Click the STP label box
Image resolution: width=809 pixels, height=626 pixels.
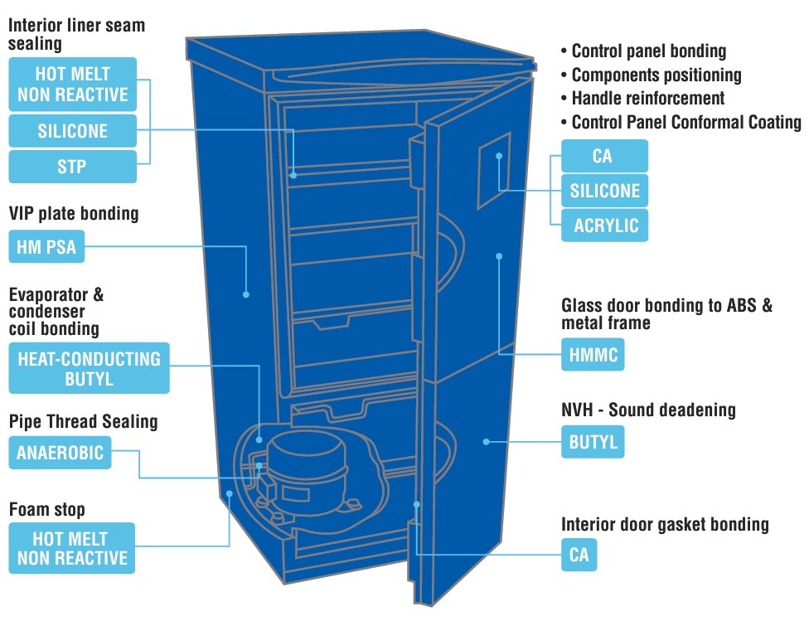[x=72, y=167]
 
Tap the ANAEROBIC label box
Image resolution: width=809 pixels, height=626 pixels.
[x=61, y=454]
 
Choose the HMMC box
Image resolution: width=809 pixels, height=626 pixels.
[x=592, y=355]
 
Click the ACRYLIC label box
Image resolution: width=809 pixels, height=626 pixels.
[x=604, y=226]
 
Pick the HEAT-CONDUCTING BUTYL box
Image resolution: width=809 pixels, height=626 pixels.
[x=89, y=369]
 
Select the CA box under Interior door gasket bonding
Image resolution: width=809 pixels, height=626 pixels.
[x=579, y=555]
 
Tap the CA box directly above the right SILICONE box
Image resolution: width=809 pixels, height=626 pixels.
[x=603, y=156]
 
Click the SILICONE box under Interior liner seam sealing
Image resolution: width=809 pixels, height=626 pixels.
[x=72, y=131]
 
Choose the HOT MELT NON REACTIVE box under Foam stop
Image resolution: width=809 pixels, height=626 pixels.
[x=72, y=547]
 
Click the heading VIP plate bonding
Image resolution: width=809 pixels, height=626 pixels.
[x=73, y=214]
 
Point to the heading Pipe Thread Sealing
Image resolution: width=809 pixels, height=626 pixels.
[x=83, y=421]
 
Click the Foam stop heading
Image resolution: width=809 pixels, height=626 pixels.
[x=46, y=508]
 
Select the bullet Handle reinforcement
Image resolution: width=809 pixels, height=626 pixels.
[x=647, y=98]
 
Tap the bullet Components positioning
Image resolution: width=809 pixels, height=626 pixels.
[x=656, y=75]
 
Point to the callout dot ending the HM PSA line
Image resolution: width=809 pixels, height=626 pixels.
[x=246, y=294]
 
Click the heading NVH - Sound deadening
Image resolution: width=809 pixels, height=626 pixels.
[x=648, y=410]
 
